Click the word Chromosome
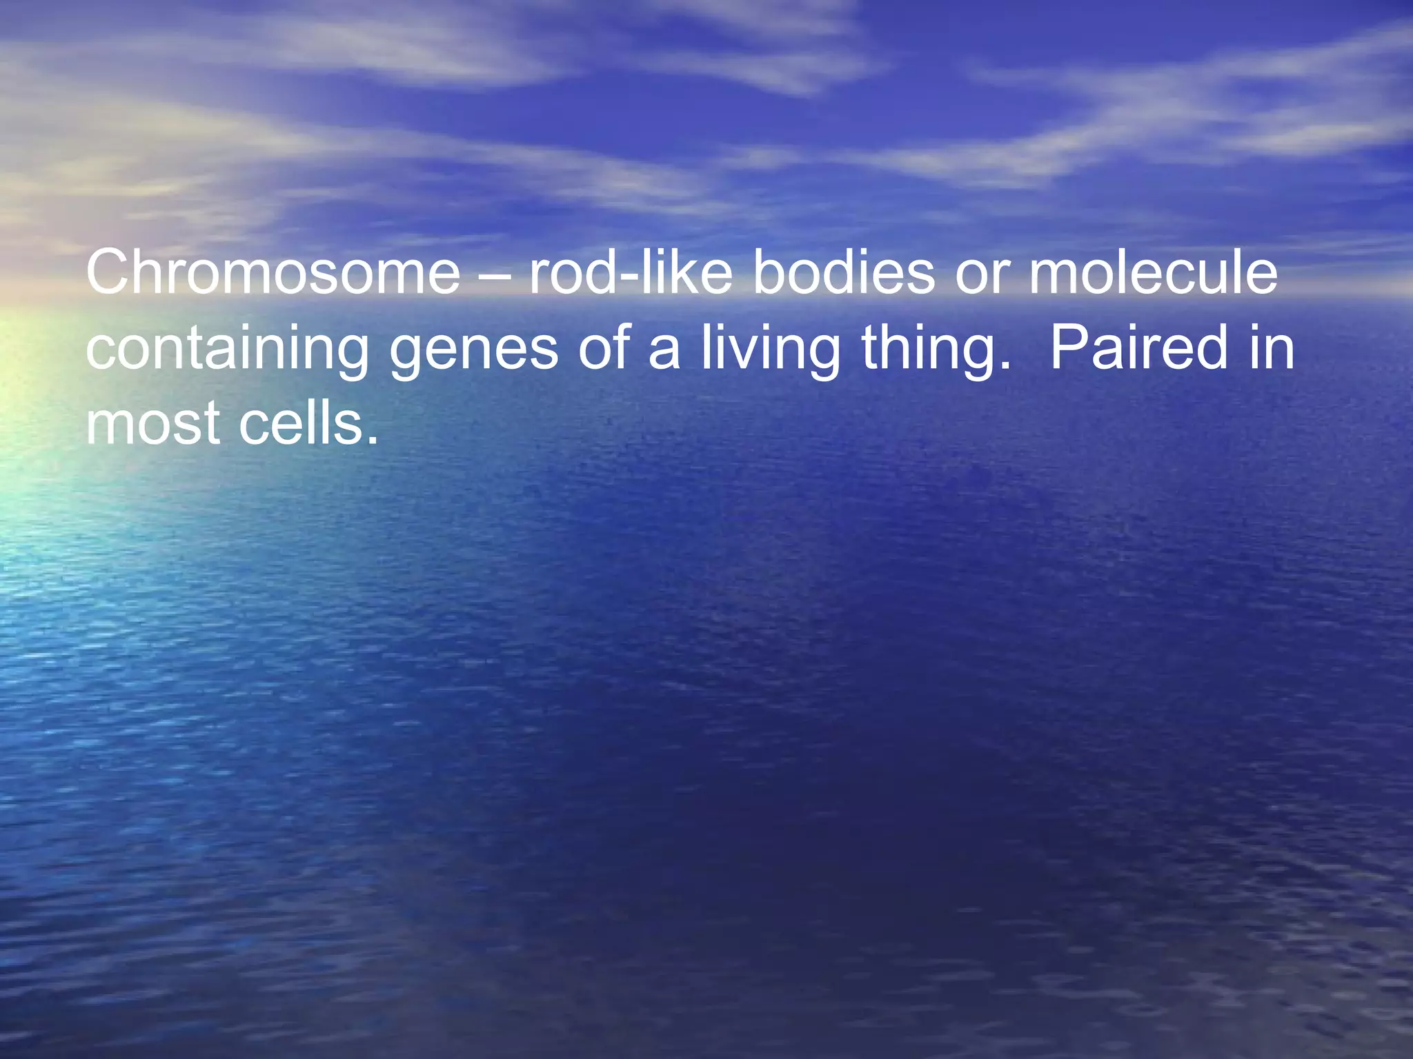(273, 272)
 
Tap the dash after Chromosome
(494, 276)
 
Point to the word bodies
(843, 272)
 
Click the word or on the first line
(981, 279)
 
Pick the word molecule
(1153, 272)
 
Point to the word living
(771, 350)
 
